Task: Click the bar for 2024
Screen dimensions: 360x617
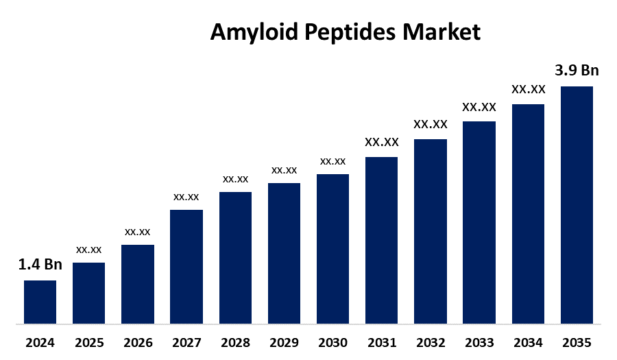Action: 40,302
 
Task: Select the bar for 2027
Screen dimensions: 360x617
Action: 186,266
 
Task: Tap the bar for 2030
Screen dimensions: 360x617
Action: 332,248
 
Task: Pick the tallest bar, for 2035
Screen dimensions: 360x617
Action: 577,204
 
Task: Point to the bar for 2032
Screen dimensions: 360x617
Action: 431,231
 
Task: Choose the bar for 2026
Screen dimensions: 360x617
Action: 138,284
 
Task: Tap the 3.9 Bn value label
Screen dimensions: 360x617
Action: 577,71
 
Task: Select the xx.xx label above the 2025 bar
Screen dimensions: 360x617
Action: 89,249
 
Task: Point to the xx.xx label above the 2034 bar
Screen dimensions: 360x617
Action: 528,89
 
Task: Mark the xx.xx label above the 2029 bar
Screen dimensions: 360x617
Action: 284,169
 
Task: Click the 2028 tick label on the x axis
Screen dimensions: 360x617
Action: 235,342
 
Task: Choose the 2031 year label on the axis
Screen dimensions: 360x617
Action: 381,342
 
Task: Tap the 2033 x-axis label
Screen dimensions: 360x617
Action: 479,342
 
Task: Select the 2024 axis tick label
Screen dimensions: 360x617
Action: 40,342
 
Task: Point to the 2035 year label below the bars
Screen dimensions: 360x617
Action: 577,342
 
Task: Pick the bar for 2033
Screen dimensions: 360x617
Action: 479,222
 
